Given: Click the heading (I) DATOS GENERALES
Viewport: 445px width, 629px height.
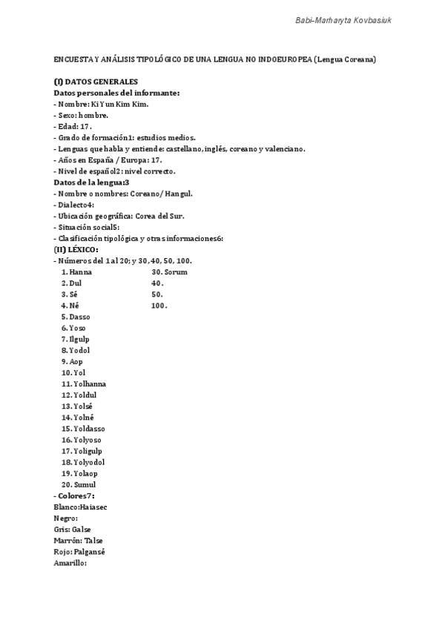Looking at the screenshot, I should (x=96, y=82).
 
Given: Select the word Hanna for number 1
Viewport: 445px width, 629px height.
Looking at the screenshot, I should (x=81, y=271).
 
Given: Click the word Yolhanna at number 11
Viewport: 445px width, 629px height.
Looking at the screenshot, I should (x=90, y=383).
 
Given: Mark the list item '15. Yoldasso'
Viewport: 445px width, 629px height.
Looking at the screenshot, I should (x=84, y=428).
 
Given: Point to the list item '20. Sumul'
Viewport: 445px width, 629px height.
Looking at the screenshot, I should (x=79, y=484).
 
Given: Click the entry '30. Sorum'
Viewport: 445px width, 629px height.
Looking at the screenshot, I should (x=169, y=271).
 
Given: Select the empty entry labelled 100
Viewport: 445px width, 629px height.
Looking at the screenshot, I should (x=158, y=305).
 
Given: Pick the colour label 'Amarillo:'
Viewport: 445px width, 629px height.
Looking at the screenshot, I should (x=70, y=563).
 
